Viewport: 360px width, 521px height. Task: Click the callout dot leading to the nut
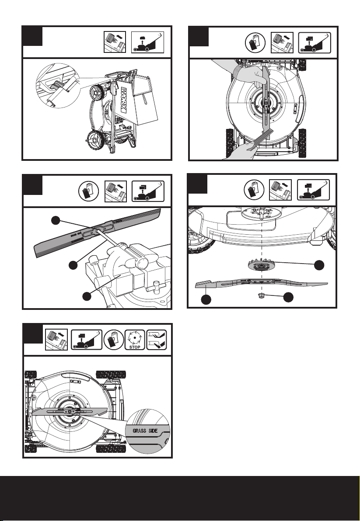(288, 297)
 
